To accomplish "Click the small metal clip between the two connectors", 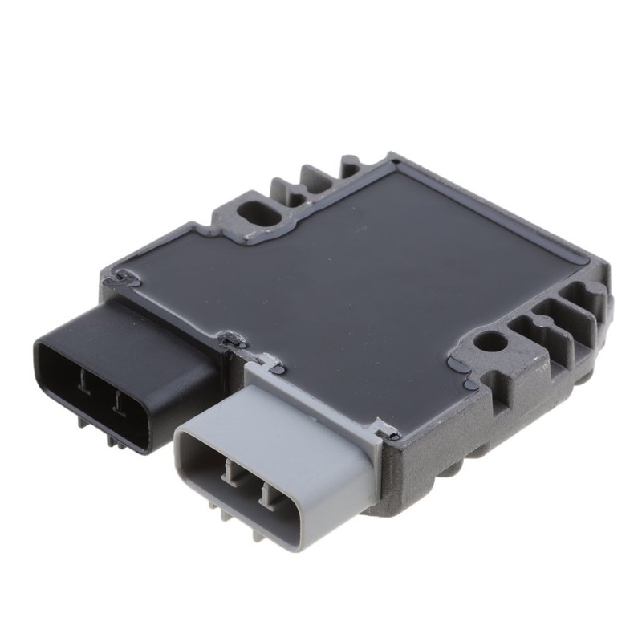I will pos(233,342).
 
